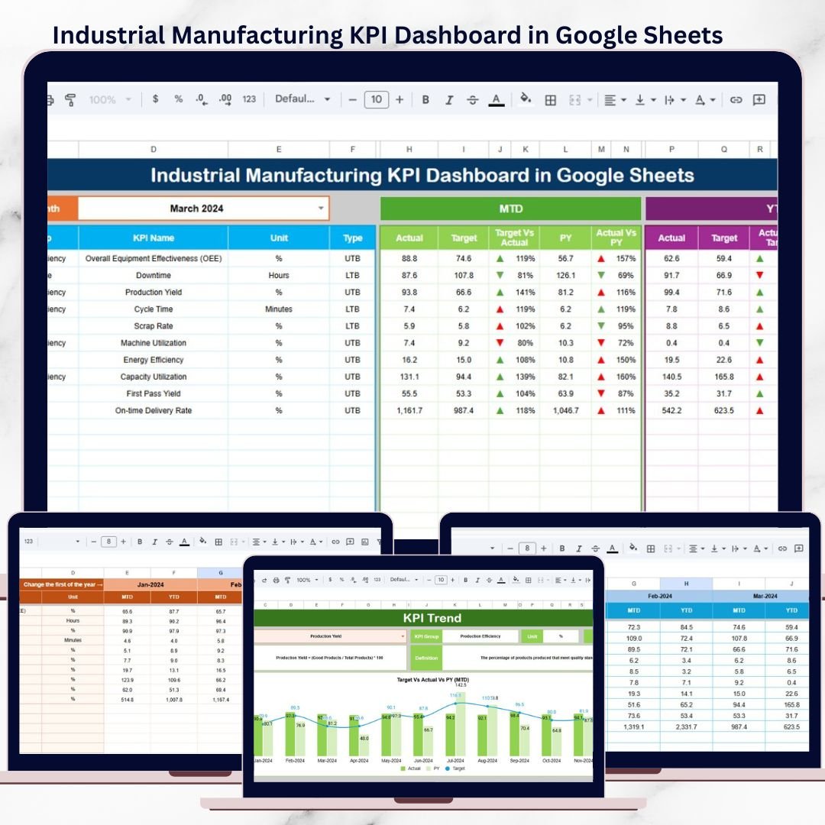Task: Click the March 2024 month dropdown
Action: [x=203, y=209]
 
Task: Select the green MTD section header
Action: [x=510, y=209]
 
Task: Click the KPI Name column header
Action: [x=153, y=238]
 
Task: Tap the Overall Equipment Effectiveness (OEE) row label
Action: [x=153, y=259]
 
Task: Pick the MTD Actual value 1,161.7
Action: [x=409, y=411]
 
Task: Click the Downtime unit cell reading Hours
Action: [x=279, y=276]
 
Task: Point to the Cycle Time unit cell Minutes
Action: [x=279, y=309]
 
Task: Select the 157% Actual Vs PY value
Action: [x=626, y=259]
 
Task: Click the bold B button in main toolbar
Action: [x=425, y=100]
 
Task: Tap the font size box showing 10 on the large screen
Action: [x=376, y=100]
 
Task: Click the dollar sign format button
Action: [x=156, y=100]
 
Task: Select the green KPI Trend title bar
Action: [x=422, y=618]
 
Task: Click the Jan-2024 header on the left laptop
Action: [x=150, y=584]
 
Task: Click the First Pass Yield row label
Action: [x=153, y=394]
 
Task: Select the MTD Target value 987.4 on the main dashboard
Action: [x=464, y=411]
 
